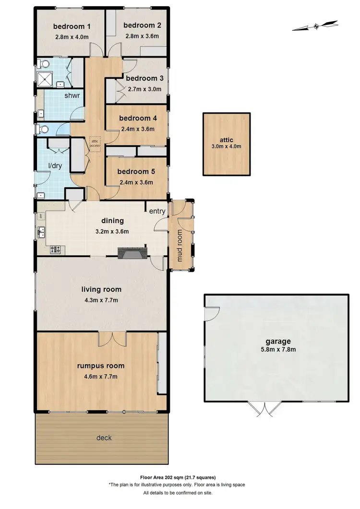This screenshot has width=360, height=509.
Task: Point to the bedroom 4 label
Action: pos(138,118)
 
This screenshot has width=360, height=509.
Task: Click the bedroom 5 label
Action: pos(138,171)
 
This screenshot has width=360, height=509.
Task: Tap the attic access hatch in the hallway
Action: pos(94,144)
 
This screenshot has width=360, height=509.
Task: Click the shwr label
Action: pos(72,95)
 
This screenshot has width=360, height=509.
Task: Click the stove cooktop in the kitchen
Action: pos(55,249)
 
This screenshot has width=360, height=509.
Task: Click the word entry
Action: pos(157,211)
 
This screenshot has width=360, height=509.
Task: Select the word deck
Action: pos(104,438)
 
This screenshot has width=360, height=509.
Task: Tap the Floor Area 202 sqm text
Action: pos(178,477)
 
